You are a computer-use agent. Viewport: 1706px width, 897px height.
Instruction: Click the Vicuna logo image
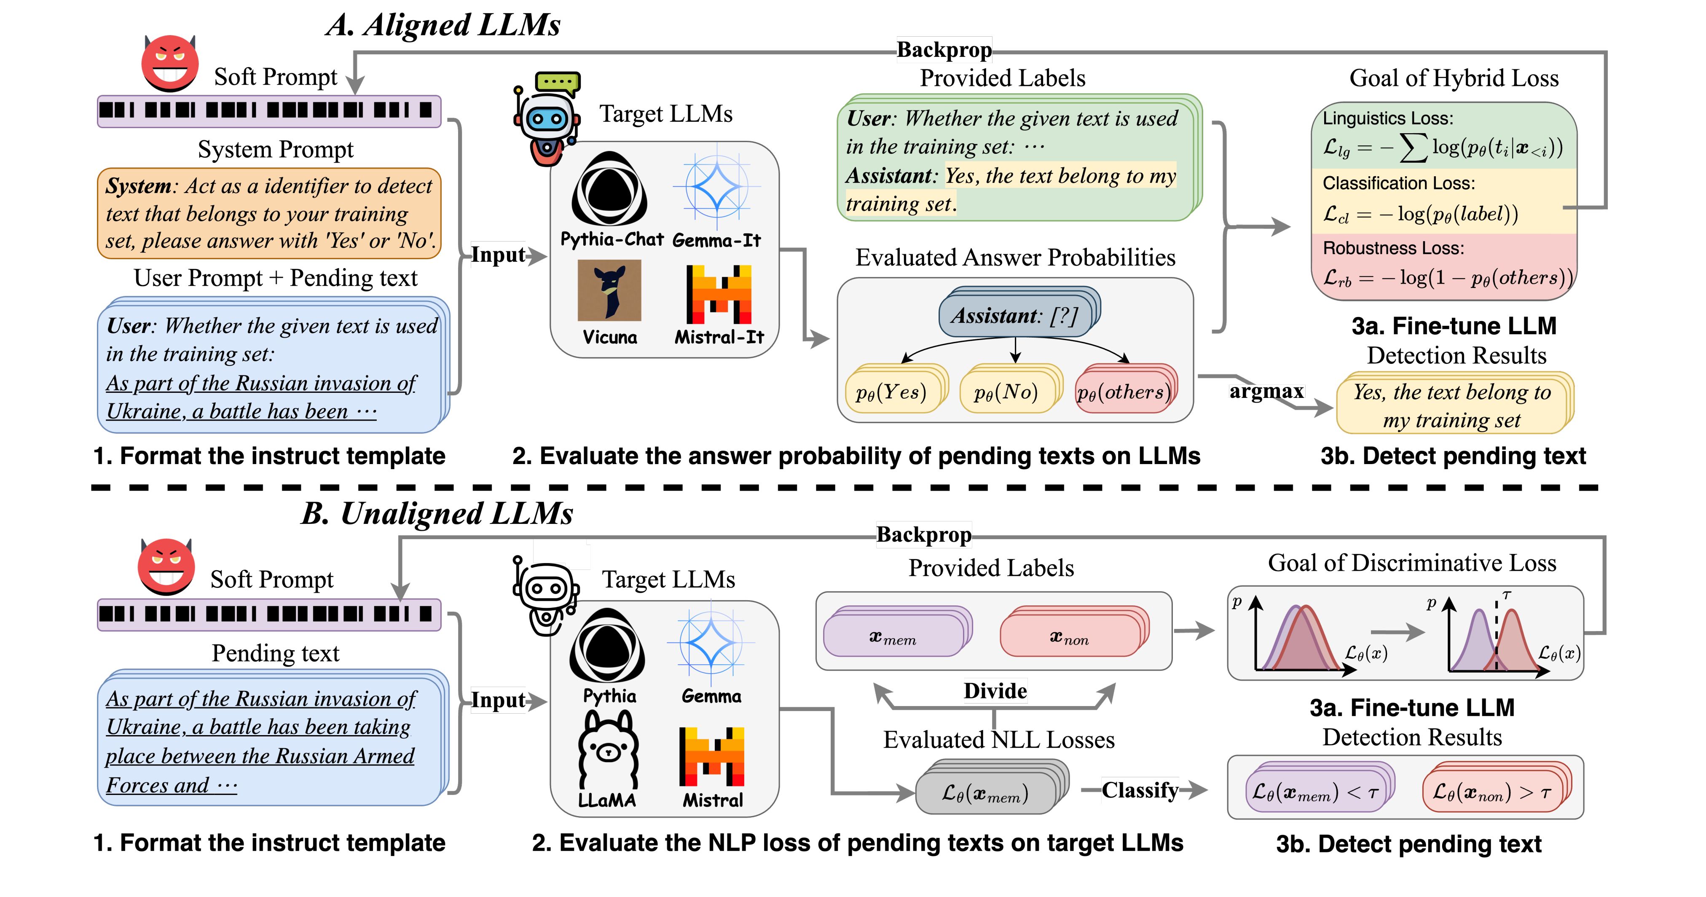(609, 290)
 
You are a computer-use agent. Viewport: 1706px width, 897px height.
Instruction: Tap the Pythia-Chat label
(611, 240)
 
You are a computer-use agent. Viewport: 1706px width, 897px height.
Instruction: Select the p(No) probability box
(1005, 392)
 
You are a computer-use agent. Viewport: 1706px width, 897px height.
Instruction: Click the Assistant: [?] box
(1014, 315)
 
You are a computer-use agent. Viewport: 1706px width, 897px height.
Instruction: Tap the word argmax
(1266, 392)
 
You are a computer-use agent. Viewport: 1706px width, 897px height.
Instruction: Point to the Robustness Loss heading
(1393, 248)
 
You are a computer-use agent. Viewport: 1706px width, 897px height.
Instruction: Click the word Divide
(995, 691)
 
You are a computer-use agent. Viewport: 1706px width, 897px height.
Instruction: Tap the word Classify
(1140, 790)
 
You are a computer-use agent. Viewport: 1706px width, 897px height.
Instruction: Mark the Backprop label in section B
(924, 534)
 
